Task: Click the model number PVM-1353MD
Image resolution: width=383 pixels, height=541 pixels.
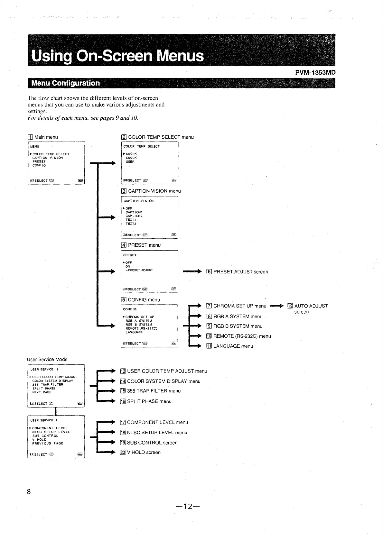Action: pyautogui.click(x=315, y=72)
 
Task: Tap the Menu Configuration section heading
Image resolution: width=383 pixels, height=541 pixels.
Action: pyautogui.click(x=65, y=83)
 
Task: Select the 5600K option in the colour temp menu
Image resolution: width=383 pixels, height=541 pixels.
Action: pyautogui.click(x=131, y=158)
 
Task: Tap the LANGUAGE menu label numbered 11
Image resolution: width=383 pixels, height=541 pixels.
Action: pyautogui.click(x=233, y=346)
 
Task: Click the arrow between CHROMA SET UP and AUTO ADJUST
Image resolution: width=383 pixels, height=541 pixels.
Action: pyautogui.click(x=277, y=306)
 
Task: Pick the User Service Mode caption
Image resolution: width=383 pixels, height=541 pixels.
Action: pyautogui.click(x=47, y=359)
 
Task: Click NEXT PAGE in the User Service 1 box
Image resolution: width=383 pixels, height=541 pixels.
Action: pyautogui.click(x=42, y=392)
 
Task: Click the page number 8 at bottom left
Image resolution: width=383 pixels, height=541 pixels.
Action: pyautogui.click(x=29, y=492)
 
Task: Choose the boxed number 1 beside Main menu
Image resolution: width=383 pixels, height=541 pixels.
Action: pyautogui.click(x=30, y=137)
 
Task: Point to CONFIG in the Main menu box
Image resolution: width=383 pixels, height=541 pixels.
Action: pyautogui.click(x=39, y=166)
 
